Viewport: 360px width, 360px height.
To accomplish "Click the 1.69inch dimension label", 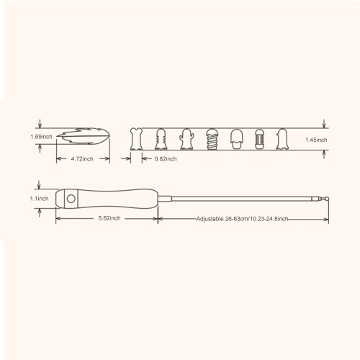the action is (41, 137).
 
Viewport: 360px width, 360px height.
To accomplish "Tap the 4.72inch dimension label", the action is (82, 159).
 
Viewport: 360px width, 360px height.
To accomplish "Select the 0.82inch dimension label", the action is (166, 159).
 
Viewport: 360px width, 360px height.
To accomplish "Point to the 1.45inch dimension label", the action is (316, 140).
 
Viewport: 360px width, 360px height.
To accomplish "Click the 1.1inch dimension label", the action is (39, 199).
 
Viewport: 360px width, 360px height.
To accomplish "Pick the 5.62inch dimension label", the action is (109, 218).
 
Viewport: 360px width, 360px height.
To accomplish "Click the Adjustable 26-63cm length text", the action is (242, 219).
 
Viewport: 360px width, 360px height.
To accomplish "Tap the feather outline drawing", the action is (84, 137).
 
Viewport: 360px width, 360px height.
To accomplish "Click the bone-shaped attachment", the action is (136, 139).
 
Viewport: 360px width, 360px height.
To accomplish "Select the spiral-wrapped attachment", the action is (212, 139).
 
